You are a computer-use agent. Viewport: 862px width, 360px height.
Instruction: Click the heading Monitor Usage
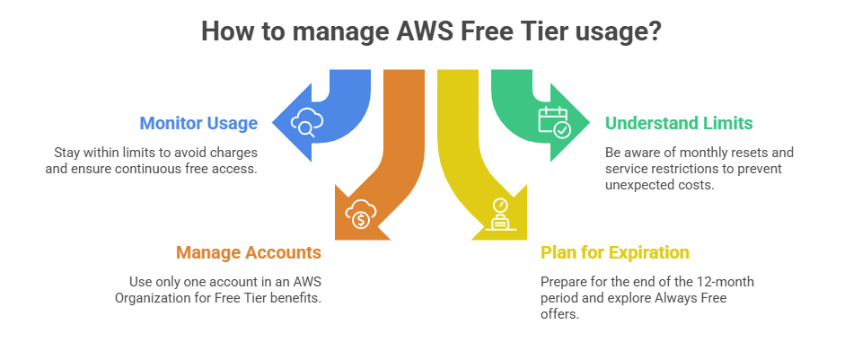(x=198, y=123)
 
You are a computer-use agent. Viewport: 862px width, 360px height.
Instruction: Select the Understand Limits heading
(x=679, y=123)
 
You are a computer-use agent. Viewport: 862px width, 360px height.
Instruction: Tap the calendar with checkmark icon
(x=553, y=121)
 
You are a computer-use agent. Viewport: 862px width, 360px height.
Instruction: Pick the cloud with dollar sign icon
(x=360, y=215)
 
